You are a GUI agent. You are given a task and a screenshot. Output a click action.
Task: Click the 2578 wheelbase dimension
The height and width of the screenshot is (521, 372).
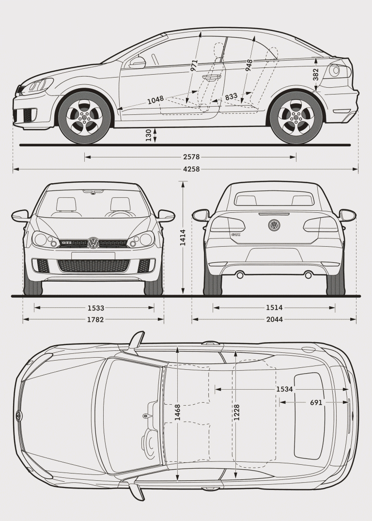191,157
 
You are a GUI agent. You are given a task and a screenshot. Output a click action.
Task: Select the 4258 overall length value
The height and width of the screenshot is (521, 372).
191,169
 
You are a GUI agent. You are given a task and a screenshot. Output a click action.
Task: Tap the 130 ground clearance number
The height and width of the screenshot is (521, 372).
148,135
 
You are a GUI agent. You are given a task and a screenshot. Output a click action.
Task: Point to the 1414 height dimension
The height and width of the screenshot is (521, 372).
183,237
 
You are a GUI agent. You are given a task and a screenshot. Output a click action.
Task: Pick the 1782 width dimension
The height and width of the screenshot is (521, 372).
95,319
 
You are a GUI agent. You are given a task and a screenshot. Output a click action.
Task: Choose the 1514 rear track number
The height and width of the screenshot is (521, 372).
274,308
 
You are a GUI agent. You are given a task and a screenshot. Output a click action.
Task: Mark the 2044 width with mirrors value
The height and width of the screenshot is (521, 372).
274,319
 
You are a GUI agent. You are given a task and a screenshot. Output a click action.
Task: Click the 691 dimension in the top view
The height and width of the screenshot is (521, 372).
316,402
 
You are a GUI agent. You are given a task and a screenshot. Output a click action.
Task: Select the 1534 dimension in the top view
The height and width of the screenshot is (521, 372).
285,389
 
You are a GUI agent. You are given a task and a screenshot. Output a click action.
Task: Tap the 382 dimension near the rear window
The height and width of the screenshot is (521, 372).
316,74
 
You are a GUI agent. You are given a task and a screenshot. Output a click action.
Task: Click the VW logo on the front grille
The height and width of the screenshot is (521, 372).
93,243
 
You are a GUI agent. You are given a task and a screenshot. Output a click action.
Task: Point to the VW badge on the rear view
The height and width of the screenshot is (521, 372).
274,225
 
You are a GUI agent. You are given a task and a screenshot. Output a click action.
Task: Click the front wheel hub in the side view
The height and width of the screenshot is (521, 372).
84,117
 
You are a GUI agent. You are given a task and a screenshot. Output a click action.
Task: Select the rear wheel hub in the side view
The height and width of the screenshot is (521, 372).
296,117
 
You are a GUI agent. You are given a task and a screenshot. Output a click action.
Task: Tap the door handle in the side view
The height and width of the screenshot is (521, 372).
212,77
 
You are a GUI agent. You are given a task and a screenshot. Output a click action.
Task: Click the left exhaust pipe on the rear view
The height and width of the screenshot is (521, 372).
240,275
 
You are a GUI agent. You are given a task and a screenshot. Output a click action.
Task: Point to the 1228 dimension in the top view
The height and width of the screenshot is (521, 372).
236,412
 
